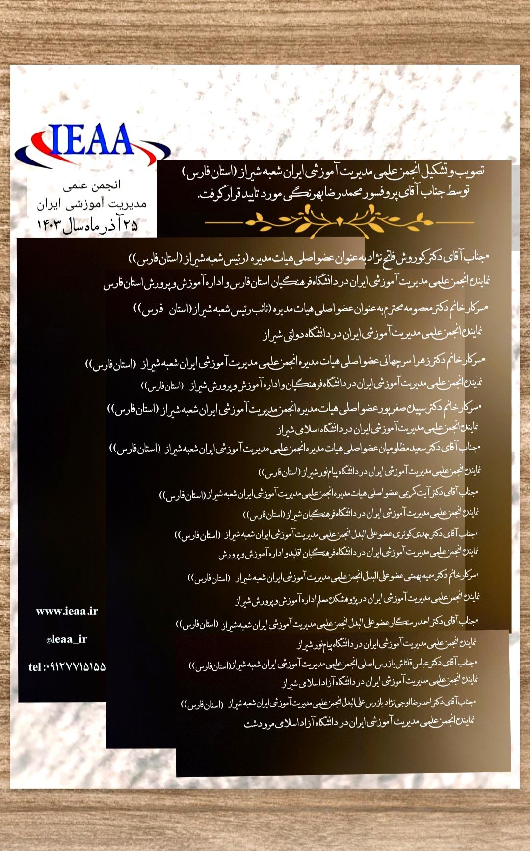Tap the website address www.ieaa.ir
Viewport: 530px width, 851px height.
pyautogui.click(x=67, y=612)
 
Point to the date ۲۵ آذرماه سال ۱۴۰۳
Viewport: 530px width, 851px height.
pyautogui.click(x=87, y=225)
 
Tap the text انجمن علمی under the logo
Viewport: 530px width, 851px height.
pyautogui.click(x=92, y=186)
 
